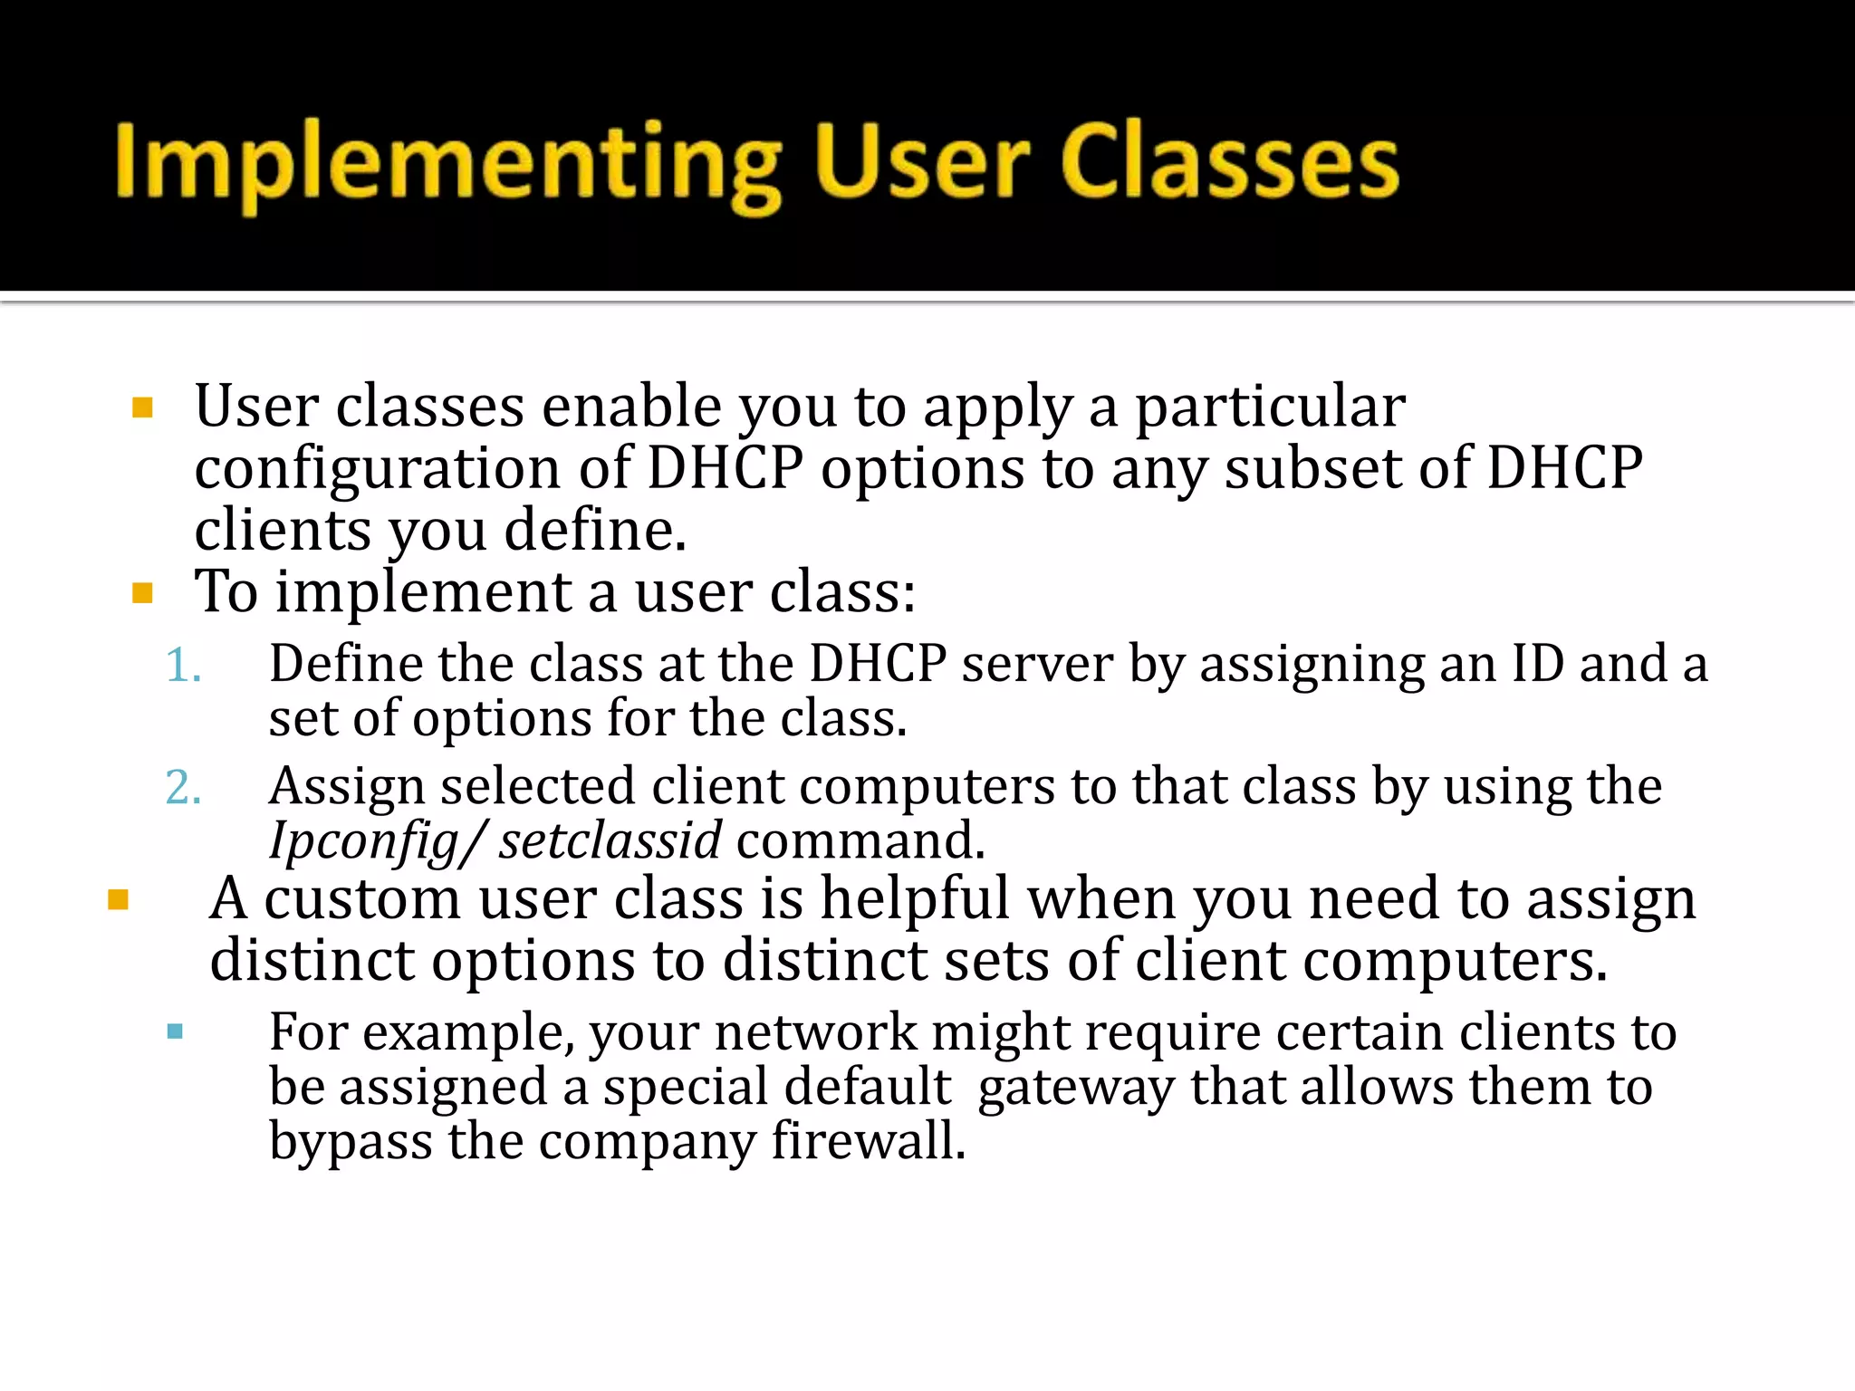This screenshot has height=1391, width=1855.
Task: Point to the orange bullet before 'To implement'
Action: click(142, 593)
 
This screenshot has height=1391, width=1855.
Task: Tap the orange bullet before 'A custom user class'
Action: click(118, 899)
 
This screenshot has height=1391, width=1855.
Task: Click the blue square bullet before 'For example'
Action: click(176, 1031)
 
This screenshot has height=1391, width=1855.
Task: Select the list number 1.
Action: click(183, 666)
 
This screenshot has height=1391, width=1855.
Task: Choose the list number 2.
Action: click(183, 787)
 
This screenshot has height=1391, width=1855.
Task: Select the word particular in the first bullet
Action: click(1270, 406)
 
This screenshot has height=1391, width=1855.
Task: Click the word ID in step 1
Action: click(1537, 663)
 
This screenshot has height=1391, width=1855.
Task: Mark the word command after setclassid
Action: click(860, 840)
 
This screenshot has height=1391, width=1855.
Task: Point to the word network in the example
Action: click(815, 1032)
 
